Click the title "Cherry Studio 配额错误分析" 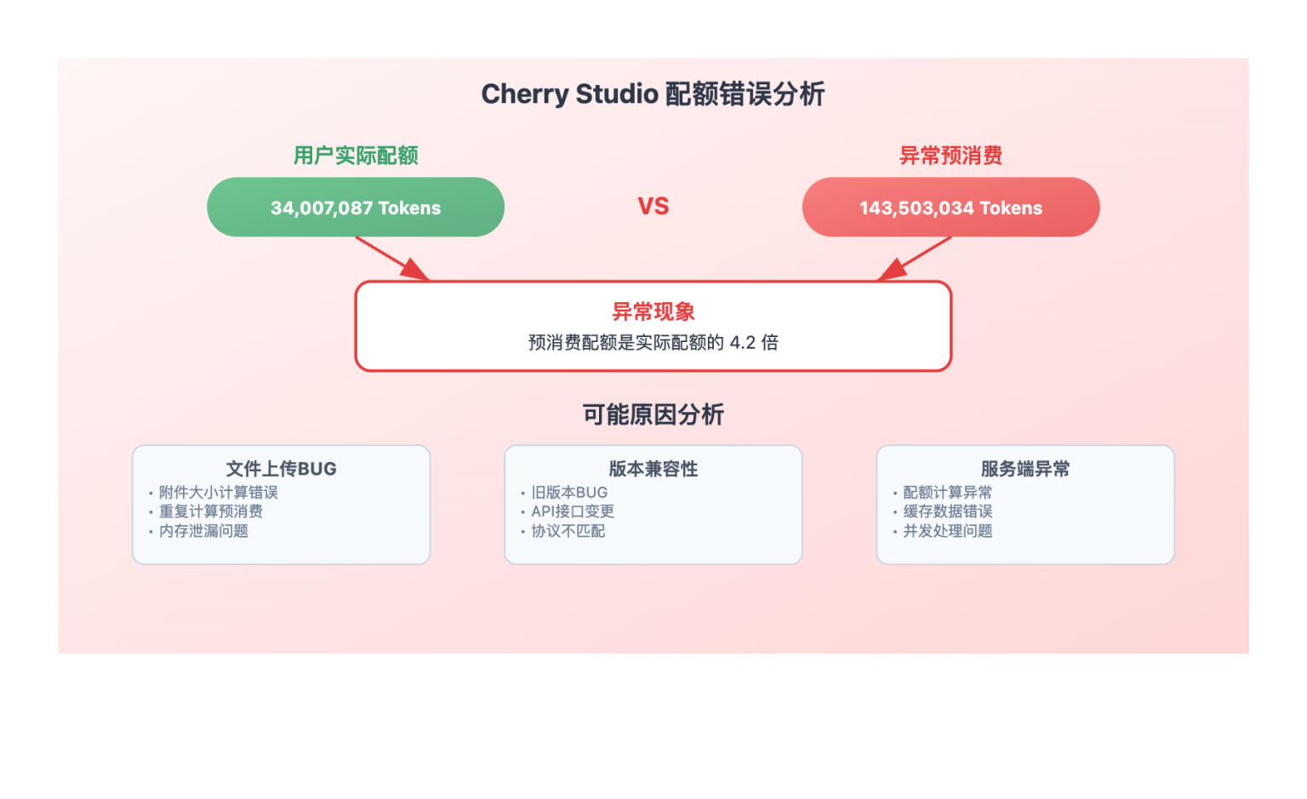pyautogui.click(x=653, y=94)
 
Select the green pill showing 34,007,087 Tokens pyautogui.click(x=356, y=208)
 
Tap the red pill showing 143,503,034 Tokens pyautogui.click(x=950, y=208)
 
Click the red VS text pyautogui.click(x=653, y=206)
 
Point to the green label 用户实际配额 pyautogui.click(x=356, y=156)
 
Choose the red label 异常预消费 pyautogui.click(x=950, y=156)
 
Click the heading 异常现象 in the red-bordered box pyautogui.click(x=653, y=311)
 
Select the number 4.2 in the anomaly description pyautogui.click(x=742, y=342)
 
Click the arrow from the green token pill pyautogui.click(x=392, y=258)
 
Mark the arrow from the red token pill pyautogui.click(x=914, y=258)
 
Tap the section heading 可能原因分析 pyautogui.click(x=653, y=414)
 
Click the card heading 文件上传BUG pyautogui.click(x=281, y=469)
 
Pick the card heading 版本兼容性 pyautogui.click(x=653, y=469)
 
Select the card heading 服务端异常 pyautogui.click(x=1025, y=469)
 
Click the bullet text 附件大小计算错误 pyautogui.click(x=219, y=493)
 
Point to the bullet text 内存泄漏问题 pyautogui.click(x=204, y=531)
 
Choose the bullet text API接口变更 pyautogui.click(x=573, y=511)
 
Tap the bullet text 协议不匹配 pyautogui.click(x=568, y=531)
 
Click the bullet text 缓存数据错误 pyautogui.click(x=948, y=511)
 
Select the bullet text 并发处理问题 pyautogui.click(x=948, y=531)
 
